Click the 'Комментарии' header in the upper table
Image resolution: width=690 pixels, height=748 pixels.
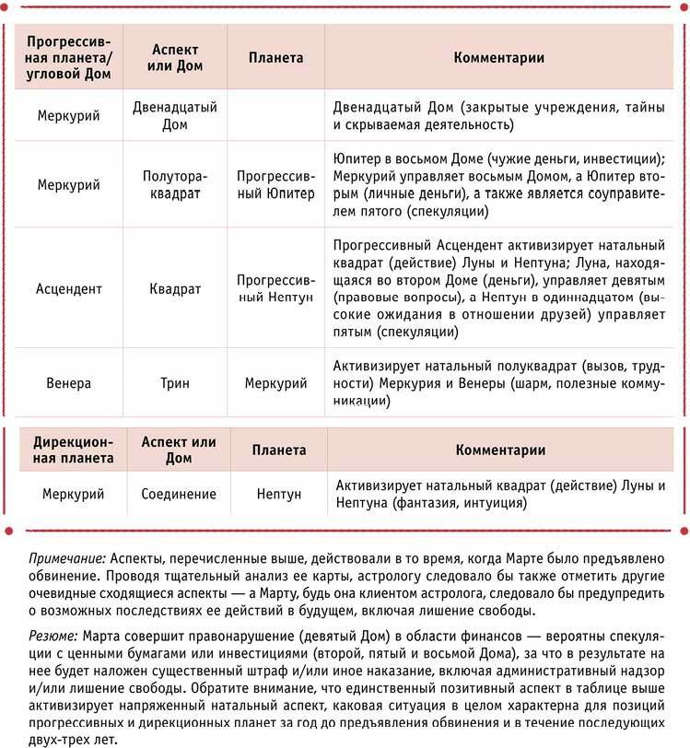499,57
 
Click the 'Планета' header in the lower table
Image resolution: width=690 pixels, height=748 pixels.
280,450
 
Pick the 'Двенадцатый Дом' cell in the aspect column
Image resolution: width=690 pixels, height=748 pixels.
175,115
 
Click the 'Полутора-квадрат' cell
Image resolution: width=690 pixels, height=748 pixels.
175,184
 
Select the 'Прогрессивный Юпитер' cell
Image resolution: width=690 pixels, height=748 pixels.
275,184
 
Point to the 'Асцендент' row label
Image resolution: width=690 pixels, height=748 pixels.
69,288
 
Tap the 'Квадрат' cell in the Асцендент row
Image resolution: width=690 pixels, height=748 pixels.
175,288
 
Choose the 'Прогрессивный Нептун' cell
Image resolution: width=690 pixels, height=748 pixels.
275,288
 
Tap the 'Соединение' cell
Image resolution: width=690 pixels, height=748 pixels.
179,494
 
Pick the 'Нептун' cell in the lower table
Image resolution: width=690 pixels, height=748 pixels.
280,494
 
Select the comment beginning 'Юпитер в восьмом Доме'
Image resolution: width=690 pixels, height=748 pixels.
498,184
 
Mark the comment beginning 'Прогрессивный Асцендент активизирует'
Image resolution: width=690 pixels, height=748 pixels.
498,288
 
